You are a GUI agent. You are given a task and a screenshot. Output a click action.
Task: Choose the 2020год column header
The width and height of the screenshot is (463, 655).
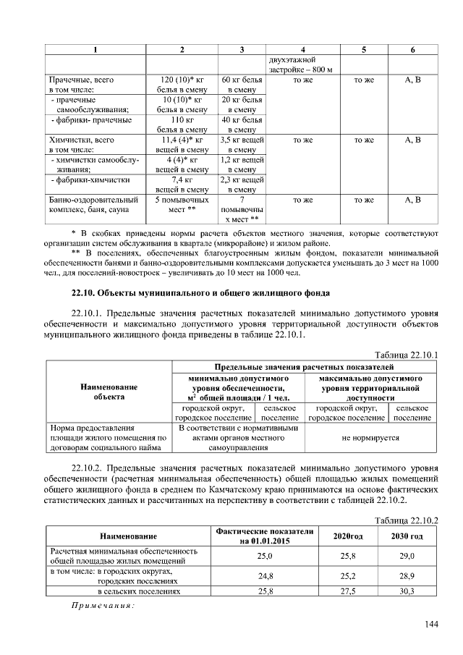pos(348,536)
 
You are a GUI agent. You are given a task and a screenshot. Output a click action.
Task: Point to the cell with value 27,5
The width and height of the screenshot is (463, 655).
pos(348,591)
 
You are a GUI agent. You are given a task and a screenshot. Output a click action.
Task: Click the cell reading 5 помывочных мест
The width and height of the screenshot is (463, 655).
pos(182,204)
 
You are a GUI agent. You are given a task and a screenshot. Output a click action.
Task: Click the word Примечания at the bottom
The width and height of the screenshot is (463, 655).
pos(102,605)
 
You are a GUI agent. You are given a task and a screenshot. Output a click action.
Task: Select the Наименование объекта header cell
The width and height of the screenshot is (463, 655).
pos(109,392)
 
